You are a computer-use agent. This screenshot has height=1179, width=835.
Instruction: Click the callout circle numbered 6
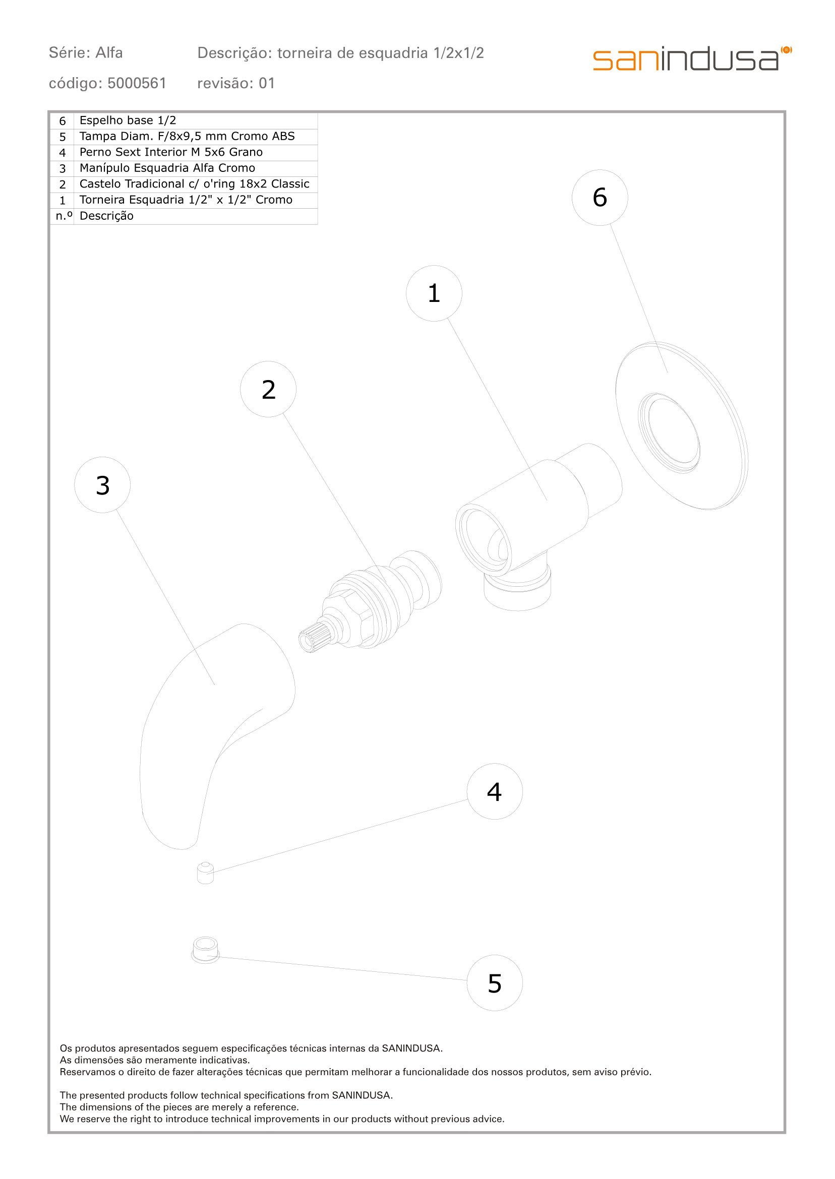600,198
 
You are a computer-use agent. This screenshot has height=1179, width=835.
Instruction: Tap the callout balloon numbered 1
434,293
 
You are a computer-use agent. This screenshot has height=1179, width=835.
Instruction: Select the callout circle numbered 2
268,389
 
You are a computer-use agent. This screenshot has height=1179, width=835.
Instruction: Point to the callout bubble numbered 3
102,484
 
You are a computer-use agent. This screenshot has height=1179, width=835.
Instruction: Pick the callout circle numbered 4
495,791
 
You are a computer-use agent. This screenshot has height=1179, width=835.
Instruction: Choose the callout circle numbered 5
495,983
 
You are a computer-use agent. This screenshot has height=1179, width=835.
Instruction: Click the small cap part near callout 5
205,950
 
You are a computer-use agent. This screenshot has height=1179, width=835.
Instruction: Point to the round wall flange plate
682,426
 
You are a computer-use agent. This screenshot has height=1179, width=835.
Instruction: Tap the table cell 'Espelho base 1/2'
128,121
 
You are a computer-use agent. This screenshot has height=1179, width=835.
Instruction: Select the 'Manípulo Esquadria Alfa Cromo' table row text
167,168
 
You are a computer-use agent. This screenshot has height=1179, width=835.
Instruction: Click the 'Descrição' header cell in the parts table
106,216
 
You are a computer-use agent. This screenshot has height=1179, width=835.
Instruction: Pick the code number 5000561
137,83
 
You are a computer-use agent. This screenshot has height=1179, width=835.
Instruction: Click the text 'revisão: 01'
236,83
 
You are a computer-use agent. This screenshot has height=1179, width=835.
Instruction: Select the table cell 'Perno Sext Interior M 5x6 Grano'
171,152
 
